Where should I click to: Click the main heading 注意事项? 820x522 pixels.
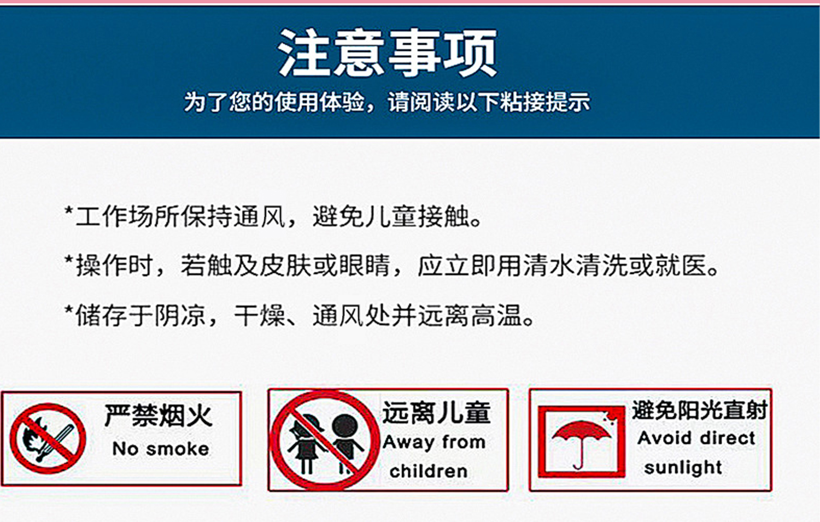click(387, 52)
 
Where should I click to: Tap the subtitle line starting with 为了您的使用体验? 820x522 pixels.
click(386, 102)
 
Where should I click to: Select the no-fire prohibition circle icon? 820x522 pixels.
click(48, 438)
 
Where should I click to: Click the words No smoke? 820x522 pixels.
click(160, 449)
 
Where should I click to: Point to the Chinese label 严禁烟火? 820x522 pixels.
click(158, 415)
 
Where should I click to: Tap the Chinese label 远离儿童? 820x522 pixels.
click(436, 413)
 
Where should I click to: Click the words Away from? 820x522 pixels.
click(434, 442)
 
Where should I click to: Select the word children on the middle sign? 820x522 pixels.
click(428, 471)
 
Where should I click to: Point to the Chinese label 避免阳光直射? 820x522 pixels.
click(700, 410)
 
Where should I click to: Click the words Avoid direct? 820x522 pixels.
click(696, 438)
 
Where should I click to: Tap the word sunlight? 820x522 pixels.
click(683, 467)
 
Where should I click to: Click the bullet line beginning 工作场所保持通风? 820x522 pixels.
click(273, 216)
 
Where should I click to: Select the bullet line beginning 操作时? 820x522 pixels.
click(392, 266)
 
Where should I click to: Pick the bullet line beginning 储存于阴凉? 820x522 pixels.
click(300, 315)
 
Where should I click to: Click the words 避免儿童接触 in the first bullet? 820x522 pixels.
click(391, 216)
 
